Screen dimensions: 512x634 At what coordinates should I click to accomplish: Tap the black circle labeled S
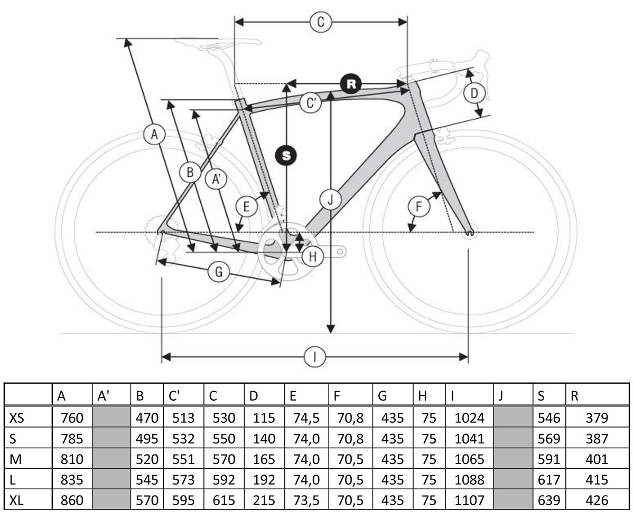coord(286,156)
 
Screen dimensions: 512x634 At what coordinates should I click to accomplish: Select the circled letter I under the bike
coord(315,357)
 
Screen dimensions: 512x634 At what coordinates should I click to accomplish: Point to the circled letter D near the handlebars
coord(474,94)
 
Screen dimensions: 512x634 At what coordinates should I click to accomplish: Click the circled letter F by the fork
coord(419,206)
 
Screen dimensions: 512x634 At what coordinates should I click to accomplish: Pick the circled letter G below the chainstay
coord(218,272)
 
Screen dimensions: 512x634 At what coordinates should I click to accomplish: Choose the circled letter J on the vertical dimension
coord(330,200)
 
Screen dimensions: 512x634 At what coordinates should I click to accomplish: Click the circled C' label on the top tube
coord(311,103)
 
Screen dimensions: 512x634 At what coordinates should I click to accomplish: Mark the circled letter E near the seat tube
coord(246,206)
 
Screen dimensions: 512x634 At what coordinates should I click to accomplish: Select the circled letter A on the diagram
coord(154,135)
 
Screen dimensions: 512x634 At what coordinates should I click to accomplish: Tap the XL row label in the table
coord(17,500)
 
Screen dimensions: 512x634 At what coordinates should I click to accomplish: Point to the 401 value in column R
coord(597,459)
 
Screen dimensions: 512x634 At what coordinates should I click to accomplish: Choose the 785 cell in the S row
coord(72,439)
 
